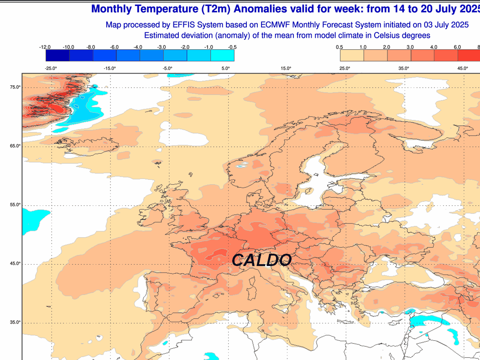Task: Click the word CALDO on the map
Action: coord(261,260)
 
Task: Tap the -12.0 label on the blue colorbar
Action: coord(45,47)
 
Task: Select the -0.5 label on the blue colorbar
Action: coord(232,47)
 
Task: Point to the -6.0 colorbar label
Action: coord(114,47)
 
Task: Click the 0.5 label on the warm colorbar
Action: coord(339,47)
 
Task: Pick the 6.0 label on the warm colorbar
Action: coord(457,47)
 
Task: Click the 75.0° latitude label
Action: coord(16,87)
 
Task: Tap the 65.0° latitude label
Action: coord(16,146)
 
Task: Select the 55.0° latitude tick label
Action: coord(16,205)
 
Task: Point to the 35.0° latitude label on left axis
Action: coord(16,322)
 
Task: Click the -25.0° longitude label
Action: coord(51,68)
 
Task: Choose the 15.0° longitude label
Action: coord(286,68)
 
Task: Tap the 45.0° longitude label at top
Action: coord(462,68)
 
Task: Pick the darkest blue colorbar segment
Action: coord(57,55)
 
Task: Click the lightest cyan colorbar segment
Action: coord(222,55)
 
